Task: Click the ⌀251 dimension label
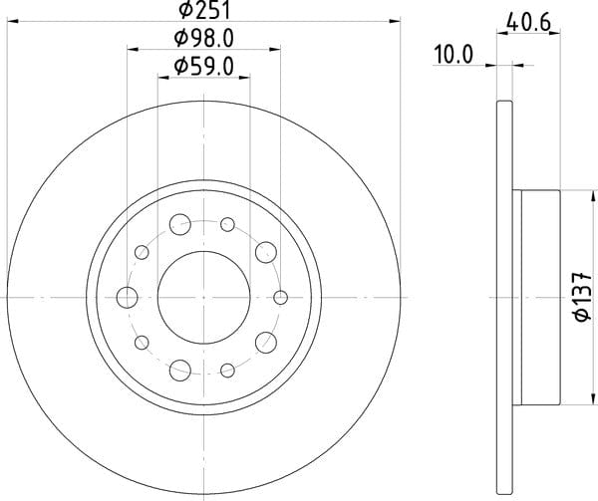click(204, 10)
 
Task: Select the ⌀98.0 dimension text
click(203, 39)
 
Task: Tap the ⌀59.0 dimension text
click(203, 67)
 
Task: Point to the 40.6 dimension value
click(529, 23)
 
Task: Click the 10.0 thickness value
click(453, 55)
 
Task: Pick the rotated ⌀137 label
click(582, 297)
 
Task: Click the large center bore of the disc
click(203, 297)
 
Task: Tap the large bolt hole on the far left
click(127, 297)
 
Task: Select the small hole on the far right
click(281, 297)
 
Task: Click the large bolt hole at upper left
click(180, 224)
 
